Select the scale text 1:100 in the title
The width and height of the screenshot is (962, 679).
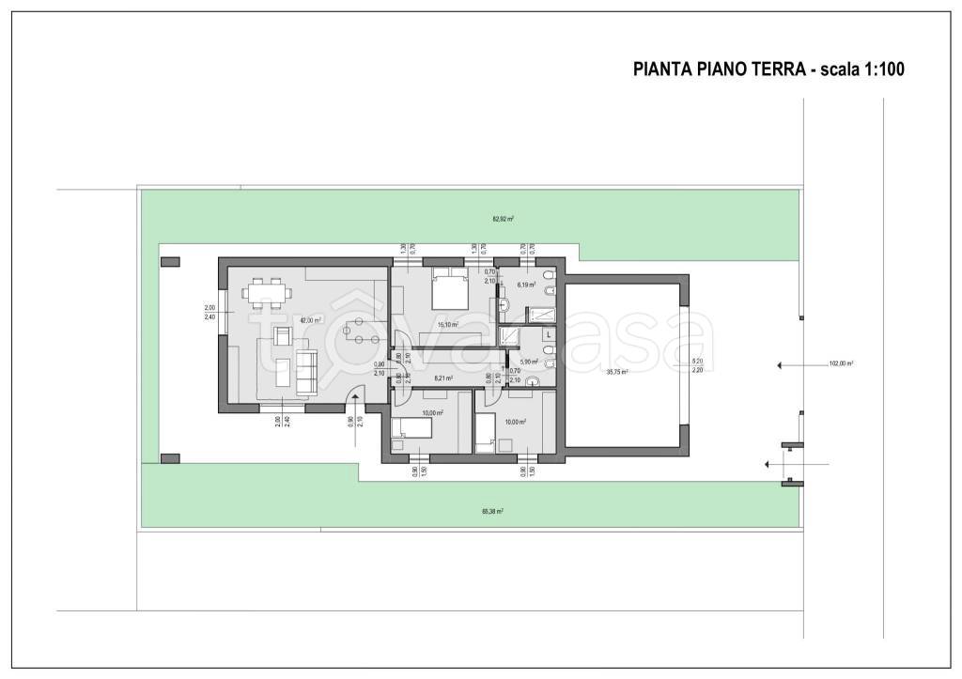(877, 69)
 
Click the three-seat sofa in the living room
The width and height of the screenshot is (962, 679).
(306, 370)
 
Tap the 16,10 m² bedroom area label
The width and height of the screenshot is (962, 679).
(447, 325)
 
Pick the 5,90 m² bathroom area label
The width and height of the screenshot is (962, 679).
(528, 362)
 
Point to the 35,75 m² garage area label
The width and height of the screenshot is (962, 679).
(616, 371)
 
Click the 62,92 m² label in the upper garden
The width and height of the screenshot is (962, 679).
(503, 219)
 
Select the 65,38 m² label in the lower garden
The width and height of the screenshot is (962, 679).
(491, 512)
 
